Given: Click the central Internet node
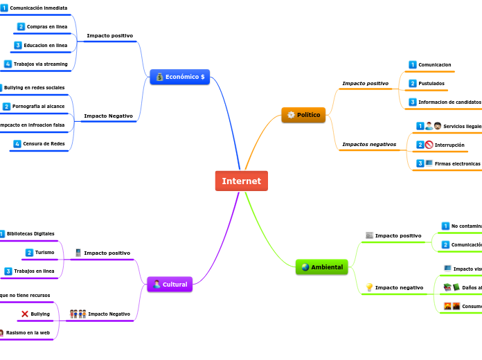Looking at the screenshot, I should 241,181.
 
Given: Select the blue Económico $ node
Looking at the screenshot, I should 179,76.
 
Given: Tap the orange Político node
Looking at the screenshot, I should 303,114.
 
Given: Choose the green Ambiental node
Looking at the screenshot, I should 321,267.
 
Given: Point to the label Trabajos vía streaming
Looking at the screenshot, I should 41,64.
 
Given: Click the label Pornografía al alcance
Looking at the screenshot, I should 39,107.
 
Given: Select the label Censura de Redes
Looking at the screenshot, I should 44,144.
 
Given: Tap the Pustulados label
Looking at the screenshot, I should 431,83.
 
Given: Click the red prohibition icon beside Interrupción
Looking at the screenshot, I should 429,145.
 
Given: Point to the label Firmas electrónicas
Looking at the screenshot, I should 457,163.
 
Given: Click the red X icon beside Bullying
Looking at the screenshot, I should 25,314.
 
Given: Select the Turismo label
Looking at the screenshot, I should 45,252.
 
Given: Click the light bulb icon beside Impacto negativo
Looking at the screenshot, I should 369,287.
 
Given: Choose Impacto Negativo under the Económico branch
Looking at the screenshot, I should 108,116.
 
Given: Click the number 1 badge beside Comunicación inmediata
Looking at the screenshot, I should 4,8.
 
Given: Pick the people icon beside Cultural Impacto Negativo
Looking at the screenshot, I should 78,314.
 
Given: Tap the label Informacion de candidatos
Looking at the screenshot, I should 449,102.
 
